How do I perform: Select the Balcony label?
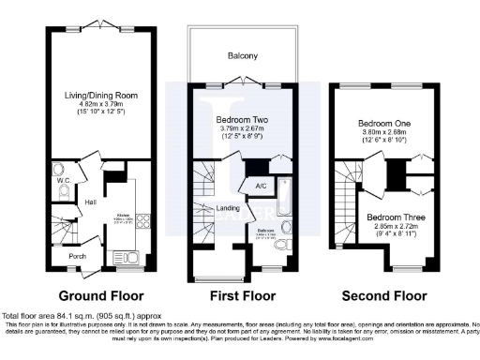[240, 55]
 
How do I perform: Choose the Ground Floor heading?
[94, 295]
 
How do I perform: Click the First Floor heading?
[241, 295]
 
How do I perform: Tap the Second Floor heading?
[384, 295]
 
